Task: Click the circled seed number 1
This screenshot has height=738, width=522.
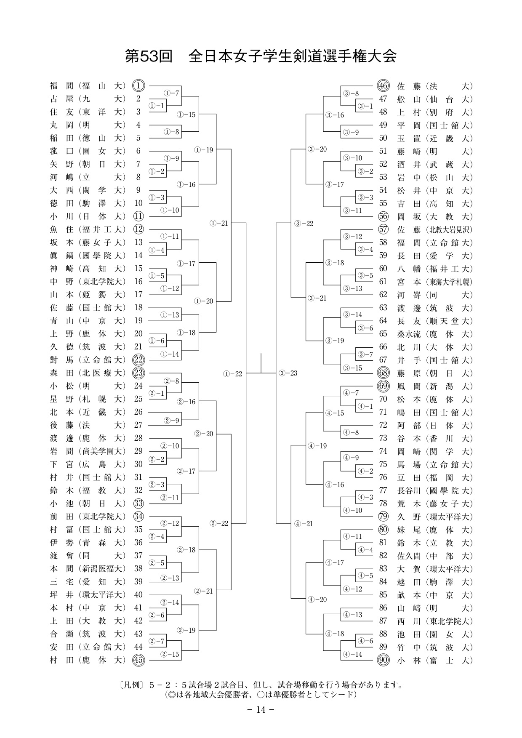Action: click(x=138, y=86)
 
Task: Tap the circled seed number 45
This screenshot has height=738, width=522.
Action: click(x=138, y=660)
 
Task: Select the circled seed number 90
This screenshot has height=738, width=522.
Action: click(x=383, y=660)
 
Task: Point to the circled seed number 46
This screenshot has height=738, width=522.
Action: click(x=383, y=86)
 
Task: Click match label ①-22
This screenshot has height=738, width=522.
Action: click(x=233, y=373)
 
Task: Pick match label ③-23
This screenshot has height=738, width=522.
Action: click(x=288, y=373)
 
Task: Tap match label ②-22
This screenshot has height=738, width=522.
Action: click(x=219, y=523)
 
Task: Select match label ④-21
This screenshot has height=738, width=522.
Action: click(x=304, y=524)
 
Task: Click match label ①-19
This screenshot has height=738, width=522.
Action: click(x=204, y=149)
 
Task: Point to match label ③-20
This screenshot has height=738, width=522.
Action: click(x=317, y=149)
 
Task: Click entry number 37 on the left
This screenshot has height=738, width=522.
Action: click(x=138, y=556)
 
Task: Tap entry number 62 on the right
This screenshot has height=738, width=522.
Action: click(x=383, y=295)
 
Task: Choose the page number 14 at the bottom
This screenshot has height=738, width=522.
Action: click(x=261, y=710)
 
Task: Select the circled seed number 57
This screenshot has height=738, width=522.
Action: click(x=383, y=229)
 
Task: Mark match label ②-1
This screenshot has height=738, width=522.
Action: click(x=157, y=393)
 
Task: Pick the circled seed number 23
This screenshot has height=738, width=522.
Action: click(x=138, y=373)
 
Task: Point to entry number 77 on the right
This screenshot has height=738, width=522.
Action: click(x=383, y=490)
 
